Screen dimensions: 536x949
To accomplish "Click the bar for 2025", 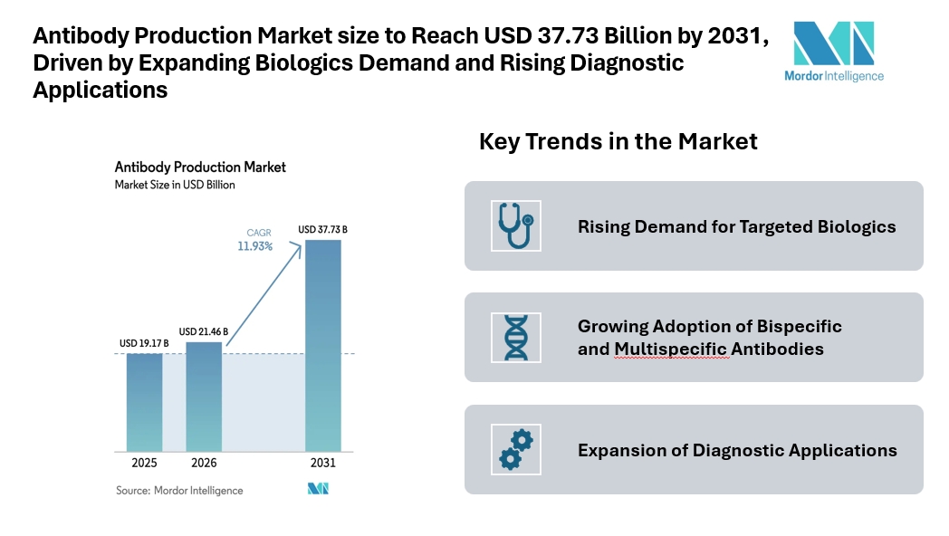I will click(144, 402).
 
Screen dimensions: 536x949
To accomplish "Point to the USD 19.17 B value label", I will click(144, 344).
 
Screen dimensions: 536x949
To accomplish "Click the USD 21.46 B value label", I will click(204, 331).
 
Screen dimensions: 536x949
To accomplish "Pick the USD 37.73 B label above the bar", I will click(323, 229).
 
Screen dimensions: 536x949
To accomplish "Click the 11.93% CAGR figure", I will click(255, 246).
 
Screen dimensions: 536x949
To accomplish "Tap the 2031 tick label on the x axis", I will click(323, 463).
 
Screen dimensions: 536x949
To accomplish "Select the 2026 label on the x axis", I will click(204, 463).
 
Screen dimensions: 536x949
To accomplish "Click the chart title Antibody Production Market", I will click(200, 167).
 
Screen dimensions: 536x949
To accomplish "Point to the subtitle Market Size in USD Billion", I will click(175, 185).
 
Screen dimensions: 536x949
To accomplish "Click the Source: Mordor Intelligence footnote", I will click(179, 490).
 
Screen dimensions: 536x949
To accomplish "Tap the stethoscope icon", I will click(515, 225).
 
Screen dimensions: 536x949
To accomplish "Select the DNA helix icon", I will click(515, 337).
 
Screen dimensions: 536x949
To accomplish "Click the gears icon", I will click(515, 449).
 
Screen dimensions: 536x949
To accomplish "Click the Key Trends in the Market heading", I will click(618, 142).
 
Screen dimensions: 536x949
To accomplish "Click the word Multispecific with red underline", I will click(671, 349).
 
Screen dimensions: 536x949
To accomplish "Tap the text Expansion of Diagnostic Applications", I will click(737, 450).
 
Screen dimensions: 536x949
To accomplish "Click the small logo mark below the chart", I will click(318, 489).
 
